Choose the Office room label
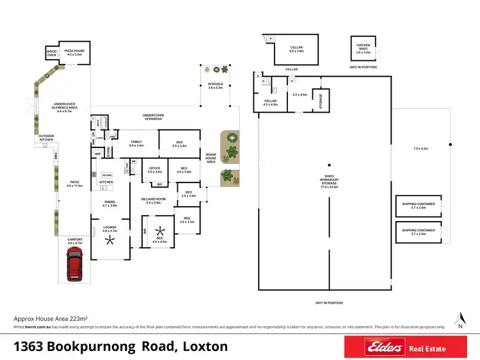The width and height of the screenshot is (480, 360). click(x=155, y=170)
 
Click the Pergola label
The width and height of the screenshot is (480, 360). click(x=215, y=85)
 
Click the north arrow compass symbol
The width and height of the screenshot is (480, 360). click(x=460, y=318)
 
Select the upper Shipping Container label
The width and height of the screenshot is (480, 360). click(x=418, y=205)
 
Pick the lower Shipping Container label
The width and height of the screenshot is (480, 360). click(x=418, y=231)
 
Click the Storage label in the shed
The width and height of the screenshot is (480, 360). click(x=321, y=101)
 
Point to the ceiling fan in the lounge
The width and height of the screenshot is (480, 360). click(x=111, y=241)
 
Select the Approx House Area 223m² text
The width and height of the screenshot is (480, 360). click(x=51, y=318)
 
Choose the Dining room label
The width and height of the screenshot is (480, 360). click(x=111, y=203)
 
